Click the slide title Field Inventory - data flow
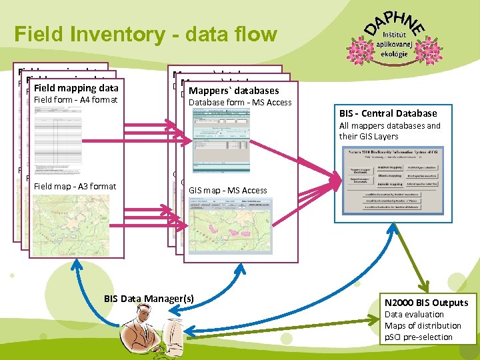pos(145,33)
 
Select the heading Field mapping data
pos(75,88)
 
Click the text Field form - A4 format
pos(75,100)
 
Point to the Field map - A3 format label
pos(75,186)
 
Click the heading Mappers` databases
pos(233,91)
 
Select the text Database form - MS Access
pos(241,102)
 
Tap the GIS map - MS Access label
pos(227,191)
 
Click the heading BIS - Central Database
pos(388,113)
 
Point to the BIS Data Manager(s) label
pos(149,299)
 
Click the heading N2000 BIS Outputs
pos(427,303)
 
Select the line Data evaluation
pos(414,315)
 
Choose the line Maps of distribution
pos(423,326)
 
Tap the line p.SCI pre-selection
pos(418,337)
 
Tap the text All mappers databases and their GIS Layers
pos(389,131)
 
